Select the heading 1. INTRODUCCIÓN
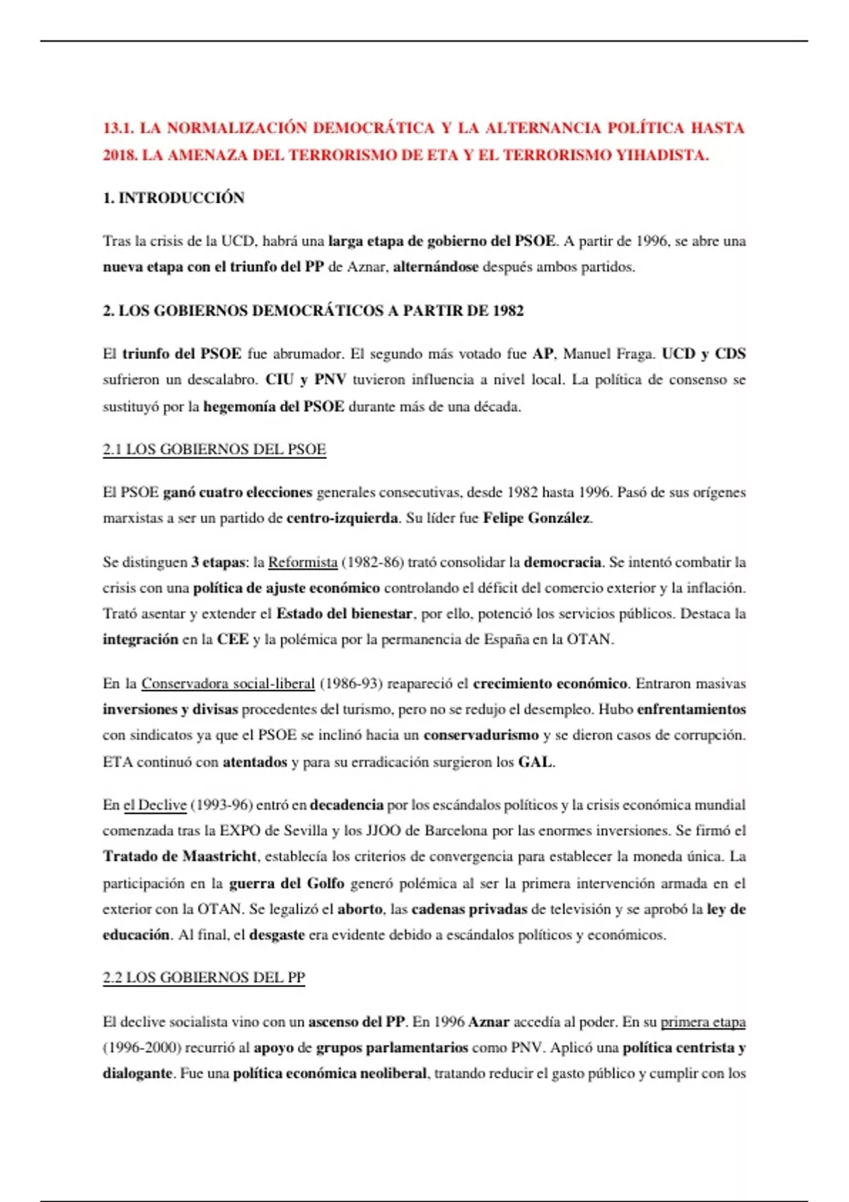pyautogui.click(x=173, y=198)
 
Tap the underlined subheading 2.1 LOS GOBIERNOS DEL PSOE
pyautogui.click(x=214, y=450)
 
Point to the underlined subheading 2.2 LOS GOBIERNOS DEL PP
pyautogui.click(x=204, y=978)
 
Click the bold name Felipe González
pyautogui.click(x=536, y=518)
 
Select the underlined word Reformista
pyautogui.click(x=303, y=563)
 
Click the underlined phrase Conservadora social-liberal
pyautogui.click(x=228, y=684)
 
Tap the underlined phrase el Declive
pyautogui.click(x=155, y=805)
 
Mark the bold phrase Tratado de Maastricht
pyautogui.click(x=180, y=857)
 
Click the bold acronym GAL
pyautogui.click(x=536, y=762)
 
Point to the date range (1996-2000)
pyautogui.click(x=141, y=1048)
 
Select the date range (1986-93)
pyautogui.click(x=352, y=684)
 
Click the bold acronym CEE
pyautogui.click(x=233, y=640)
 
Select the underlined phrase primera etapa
pyautogui.click(x=703, y=1022)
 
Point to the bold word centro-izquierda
pyautogui.click(x=342, y=518)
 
